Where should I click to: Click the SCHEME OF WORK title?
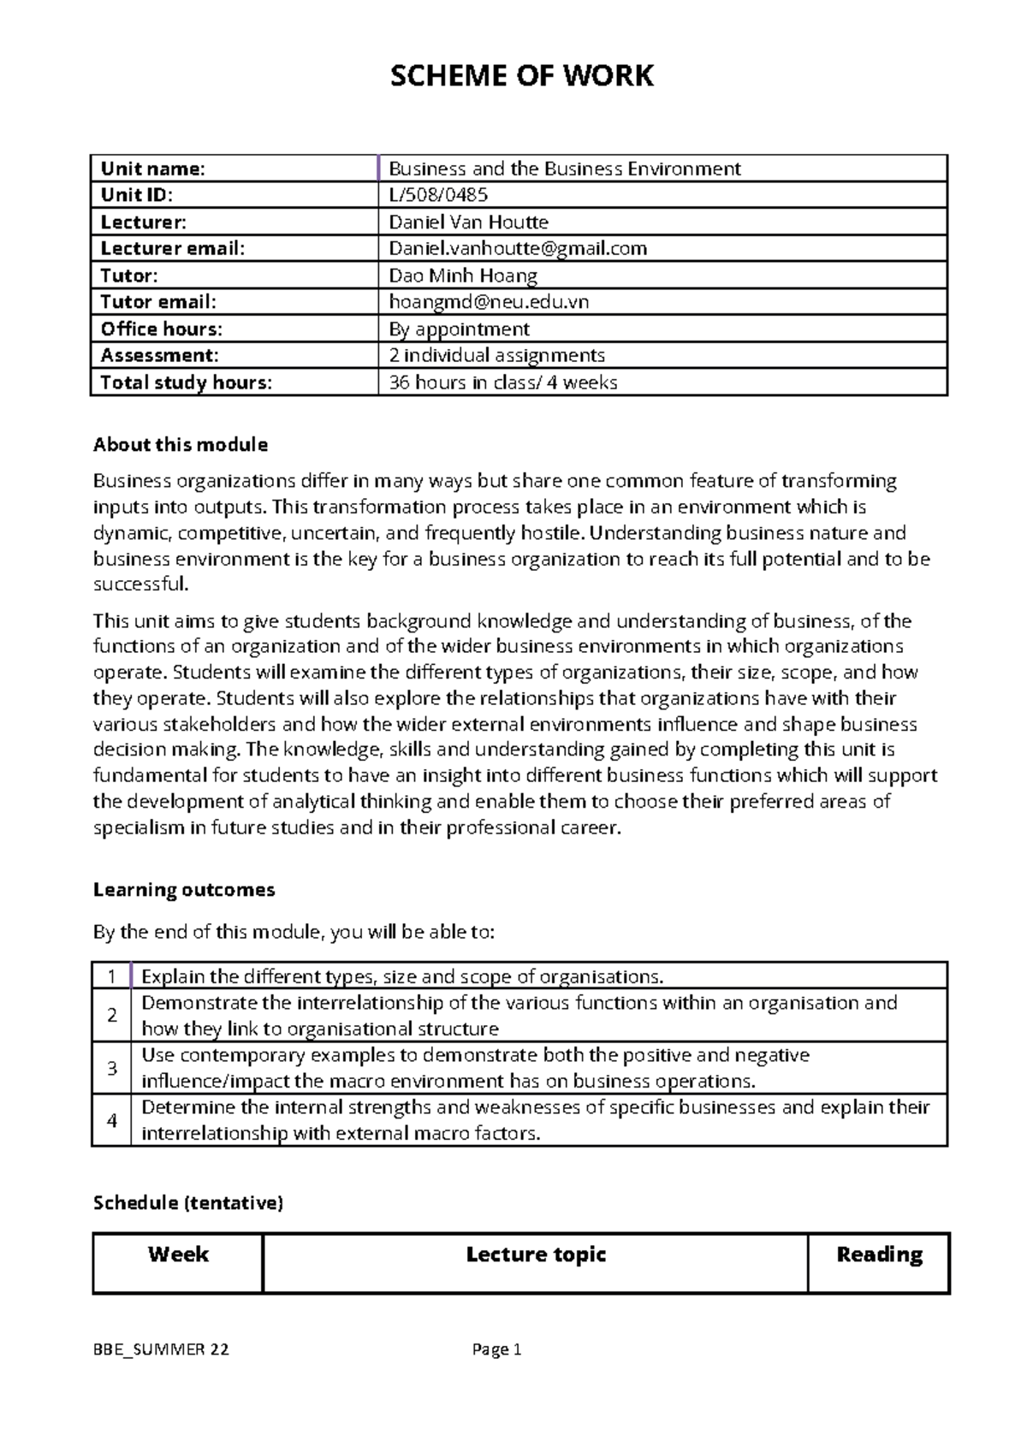(521, 76)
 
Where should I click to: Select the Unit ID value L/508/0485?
(438, 195)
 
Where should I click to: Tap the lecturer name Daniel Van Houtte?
(468, 222)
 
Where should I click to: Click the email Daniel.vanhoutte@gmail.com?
(518, 248)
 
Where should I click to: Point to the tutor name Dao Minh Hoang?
(463, 276)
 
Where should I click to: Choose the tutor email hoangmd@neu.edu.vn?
(489, 302)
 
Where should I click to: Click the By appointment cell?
(459, 329)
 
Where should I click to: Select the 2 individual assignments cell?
(496, 355)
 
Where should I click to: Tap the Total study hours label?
(186, 383)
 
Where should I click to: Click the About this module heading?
(180, 445)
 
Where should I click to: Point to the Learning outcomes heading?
(183, 890)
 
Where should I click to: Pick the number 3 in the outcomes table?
(112, 1068)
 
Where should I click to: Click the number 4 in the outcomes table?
(112, 1120)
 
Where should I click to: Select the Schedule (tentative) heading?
(187, 1203)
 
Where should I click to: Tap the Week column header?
(178, 1255)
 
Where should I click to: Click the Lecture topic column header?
(536, 1255)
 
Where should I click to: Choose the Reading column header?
(879, 1255)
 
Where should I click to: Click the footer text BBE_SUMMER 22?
(161, 1350)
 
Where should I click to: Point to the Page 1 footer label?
(496, 1350)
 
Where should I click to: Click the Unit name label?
(153, 169)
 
